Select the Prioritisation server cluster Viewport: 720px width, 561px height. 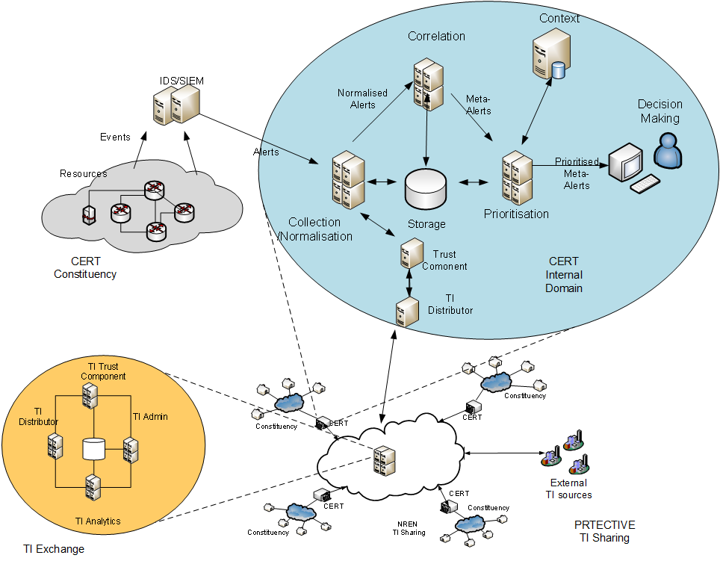pyautogui.click(x=516, y=179)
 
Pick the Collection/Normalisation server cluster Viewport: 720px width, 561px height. pyautogui.click(x=348, y=179)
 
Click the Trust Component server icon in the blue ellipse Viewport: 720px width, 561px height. pyautogui.click(x=410, y=253)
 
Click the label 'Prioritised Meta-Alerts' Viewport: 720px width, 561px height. pyautogui.click(x=577, y=173)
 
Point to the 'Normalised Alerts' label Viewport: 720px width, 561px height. pyautogui.click(x=362, y=99)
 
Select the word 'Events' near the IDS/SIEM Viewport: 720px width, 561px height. pyautogui.click(x=115, y=137)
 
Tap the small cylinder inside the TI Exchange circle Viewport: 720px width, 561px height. pyautogui.click(x=93, y=448)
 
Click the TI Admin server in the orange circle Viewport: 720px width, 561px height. pyautogui.click(x=131, y=449)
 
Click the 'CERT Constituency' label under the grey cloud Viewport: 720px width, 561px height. pyautogui.click(x=85, y=268)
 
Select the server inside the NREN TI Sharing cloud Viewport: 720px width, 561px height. pyautogui.click(x=384, y=461)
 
